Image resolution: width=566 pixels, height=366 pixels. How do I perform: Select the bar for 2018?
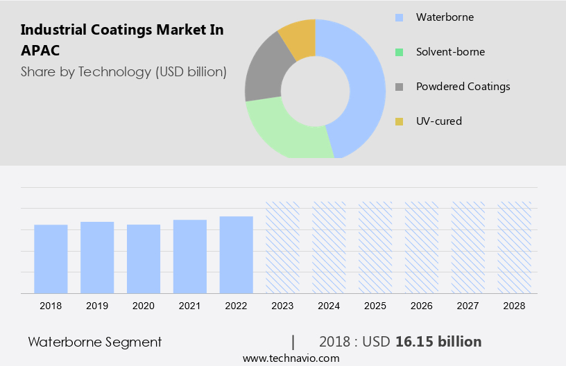click(51, 259)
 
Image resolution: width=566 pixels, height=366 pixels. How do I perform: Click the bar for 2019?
click(97, 257)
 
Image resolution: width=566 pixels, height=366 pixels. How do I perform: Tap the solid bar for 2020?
click(144, 259)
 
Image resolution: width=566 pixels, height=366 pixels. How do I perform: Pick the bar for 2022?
click(237, 254)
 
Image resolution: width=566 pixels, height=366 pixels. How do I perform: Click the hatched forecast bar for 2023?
click(283, 247)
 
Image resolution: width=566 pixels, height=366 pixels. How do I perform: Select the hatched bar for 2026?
click(422, 247)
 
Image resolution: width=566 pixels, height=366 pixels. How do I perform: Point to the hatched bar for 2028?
click(514, 247)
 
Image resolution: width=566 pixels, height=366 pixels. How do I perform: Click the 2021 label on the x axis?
click(190, 305)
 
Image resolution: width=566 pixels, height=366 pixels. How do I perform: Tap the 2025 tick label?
click(375, 305)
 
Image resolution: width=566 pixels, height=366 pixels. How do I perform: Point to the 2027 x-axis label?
click(468, 305)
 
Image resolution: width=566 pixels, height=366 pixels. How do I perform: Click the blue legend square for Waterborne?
click(399, 17)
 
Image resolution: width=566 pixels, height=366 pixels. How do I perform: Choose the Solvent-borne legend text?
click(450, 52)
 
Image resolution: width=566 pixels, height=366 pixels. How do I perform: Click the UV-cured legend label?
click(438, 121)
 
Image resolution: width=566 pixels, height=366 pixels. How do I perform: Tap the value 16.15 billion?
click(438, 342)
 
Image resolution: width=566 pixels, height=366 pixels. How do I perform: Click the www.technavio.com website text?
click(291, 358)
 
